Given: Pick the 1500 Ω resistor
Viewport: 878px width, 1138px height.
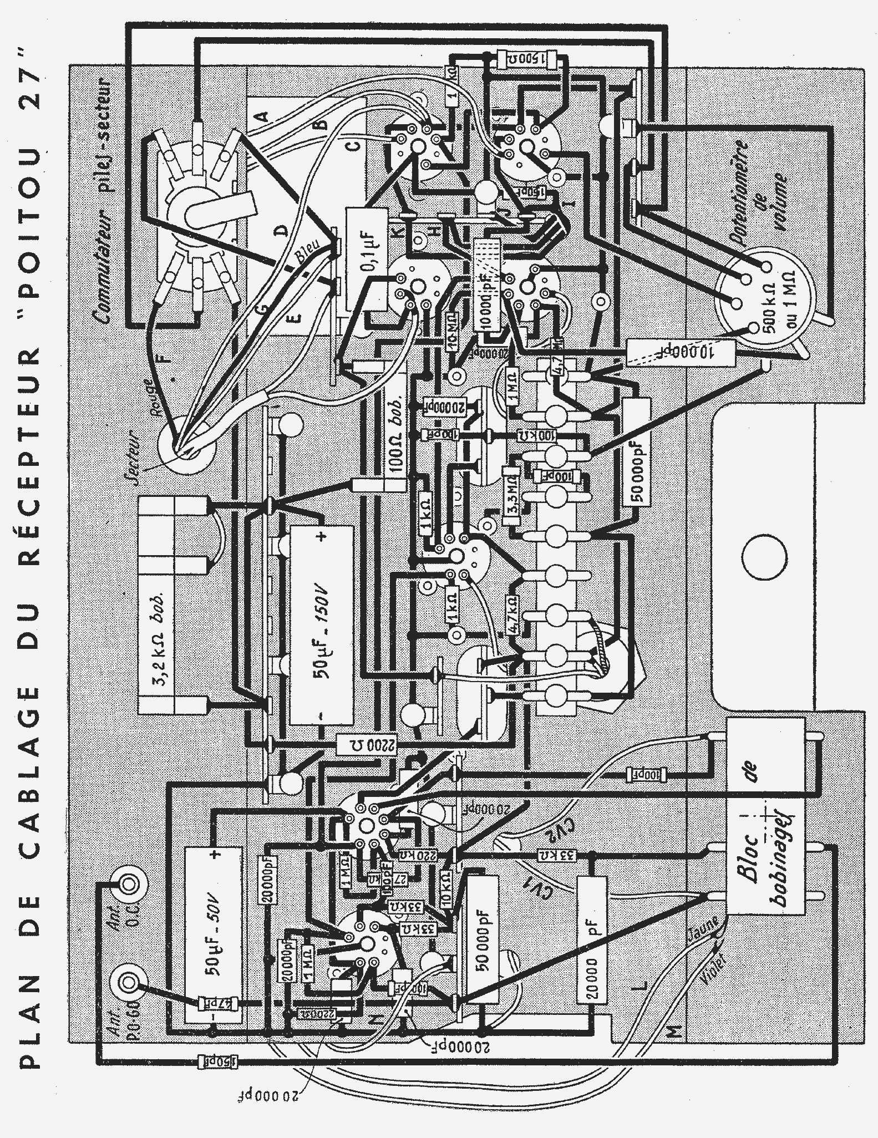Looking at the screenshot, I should (x=527, y=57).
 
